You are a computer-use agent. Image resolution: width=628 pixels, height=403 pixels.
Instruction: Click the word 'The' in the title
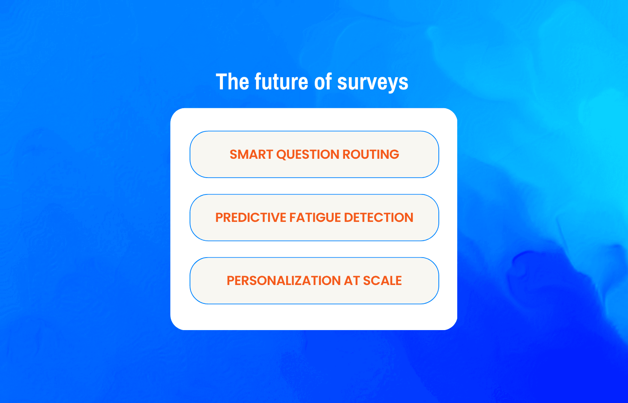click(x=232, y=82)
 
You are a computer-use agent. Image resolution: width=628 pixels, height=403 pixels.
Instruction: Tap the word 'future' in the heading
click(x=281, y=82)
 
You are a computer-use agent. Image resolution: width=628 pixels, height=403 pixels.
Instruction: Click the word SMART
click(x=251, y=154)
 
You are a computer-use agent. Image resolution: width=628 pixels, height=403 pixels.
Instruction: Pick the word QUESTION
click(x=308, y=154)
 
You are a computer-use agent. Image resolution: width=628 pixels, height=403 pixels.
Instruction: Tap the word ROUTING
click(x=371, y=154)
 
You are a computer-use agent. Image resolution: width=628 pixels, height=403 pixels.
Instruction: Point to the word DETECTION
click(x=378, y=218)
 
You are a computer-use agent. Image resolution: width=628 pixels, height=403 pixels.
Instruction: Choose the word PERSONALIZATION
click(x=283, y=281)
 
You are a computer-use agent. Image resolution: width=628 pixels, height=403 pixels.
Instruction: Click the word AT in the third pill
click(x=352, y=281)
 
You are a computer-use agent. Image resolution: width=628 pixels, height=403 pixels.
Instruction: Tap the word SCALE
click(x=382, y=281)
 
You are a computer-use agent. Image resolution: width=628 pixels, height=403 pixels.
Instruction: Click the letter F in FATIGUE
click(x=293, y=218)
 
